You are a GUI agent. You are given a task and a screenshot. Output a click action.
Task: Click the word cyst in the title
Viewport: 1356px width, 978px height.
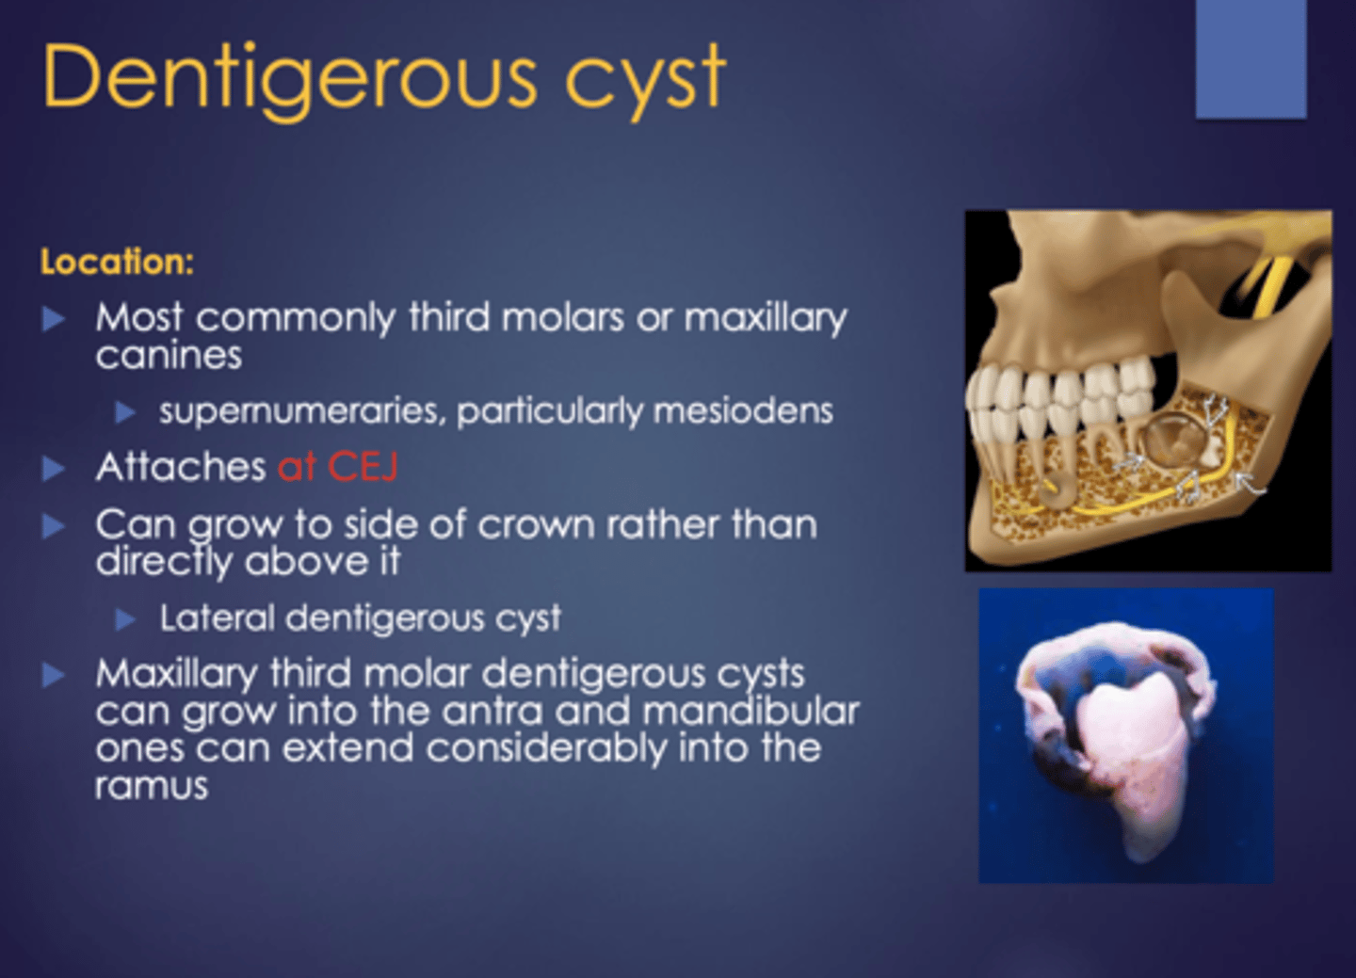645,79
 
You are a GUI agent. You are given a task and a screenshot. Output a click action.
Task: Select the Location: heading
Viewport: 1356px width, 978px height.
117,262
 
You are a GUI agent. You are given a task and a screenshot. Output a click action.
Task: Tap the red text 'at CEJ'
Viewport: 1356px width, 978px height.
337,467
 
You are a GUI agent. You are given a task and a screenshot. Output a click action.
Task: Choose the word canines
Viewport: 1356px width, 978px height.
169,356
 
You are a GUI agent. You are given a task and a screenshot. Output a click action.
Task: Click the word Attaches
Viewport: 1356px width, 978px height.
181,467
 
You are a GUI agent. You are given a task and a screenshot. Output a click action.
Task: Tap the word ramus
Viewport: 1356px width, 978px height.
151,786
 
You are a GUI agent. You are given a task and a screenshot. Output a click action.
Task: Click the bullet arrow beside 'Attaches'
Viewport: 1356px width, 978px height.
54,469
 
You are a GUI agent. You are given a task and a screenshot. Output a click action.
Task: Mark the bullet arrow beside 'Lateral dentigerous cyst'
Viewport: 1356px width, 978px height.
126,619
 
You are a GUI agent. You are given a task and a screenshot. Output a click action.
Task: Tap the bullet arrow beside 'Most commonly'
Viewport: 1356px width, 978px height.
54,319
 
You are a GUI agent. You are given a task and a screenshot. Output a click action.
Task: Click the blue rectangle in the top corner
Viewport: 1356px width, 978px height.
1251,58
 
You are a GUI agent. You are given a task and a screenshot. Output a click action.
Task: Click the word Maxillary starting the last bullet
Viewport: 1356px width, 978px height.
176,674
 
